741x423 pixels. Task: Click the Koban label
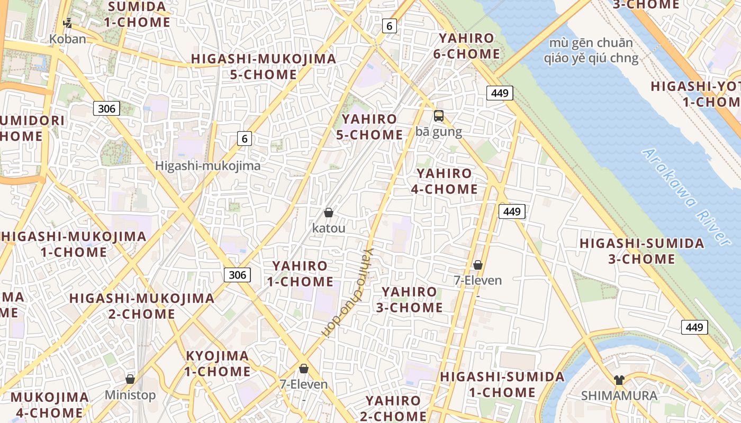tap(67, 39)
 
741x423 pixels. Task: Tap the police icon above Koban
tap(67, 23)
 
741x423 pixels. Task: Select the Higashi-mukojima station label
tap(207, 165)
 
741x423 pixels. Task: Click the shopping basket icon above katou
tap(329, 213)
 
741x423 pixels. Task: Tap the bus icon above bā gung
tap(439, 116)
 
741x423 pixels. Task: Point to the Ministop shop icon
tap(130, 379)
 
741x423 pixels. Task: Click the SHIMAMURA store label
tap(619, 396)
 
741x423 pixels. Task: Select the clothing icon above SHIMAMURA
tap(619, 380)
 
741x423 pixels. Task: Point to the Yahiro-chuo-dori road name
tap(346, 292)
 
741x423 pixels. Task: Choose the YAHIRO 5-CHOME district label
tap(369, 127)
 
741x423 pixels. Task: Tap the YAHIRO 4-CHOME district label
tap(444, 181)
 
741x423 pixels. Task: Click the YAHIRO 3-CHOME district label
tap(409, 299)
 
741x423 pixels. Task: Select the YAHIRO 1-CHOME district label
tap(300, 273)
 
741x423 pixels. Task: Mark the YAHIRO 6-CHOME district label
tap(466, 46)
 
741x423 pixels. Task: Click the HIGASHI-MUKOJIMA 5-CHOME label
tap(264, 66)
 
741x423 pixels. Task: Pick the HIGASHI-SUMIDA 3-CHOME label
tap(641, 251)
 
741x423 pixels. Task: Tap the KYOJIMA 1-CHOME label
tap(217, 363)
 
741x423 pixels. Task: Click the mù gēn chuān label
tap(591, 43)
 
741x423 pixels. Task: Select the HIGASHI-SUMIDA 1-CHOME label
tap(502, 384)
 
